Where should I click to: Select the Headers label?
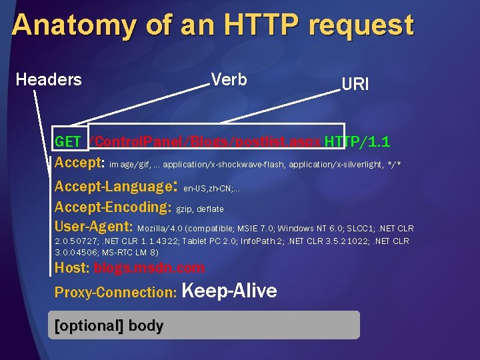click(x=49, y=80)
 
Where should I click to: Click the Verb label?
click(x=229, y=80)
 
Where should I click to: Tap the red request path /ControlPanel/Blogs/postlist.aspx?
click(x=205, y=142)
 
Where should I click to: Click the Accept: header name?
click(x=79, y=163)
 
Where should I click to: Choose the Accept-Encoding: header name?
click(x=113, y=207)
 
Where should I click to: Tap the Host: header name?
click(x=72, y=268)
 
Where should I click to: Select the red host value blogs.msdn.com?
click(x=149, y=268)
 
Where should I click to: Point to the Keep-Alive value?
click(x=229, y=291)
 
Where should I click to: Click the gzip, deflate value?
click(x=200, y=209)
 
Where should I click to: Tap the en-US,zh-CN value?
click(x=210, y=189)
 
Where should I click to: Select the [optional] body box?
click(x=204, y=325)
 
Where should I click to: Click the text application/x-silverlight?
click(x=339, y=164)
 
